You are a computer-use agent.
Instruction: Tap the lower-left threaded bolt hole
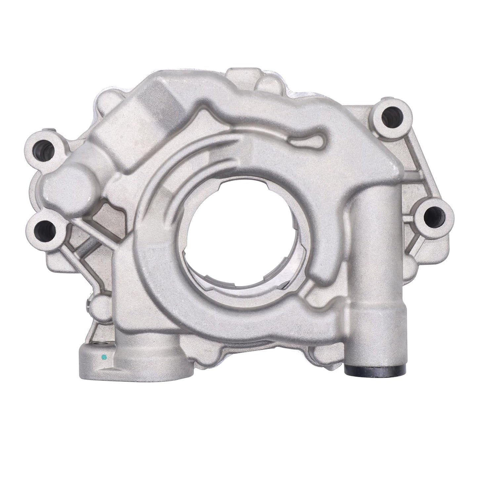coord(43,227)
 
